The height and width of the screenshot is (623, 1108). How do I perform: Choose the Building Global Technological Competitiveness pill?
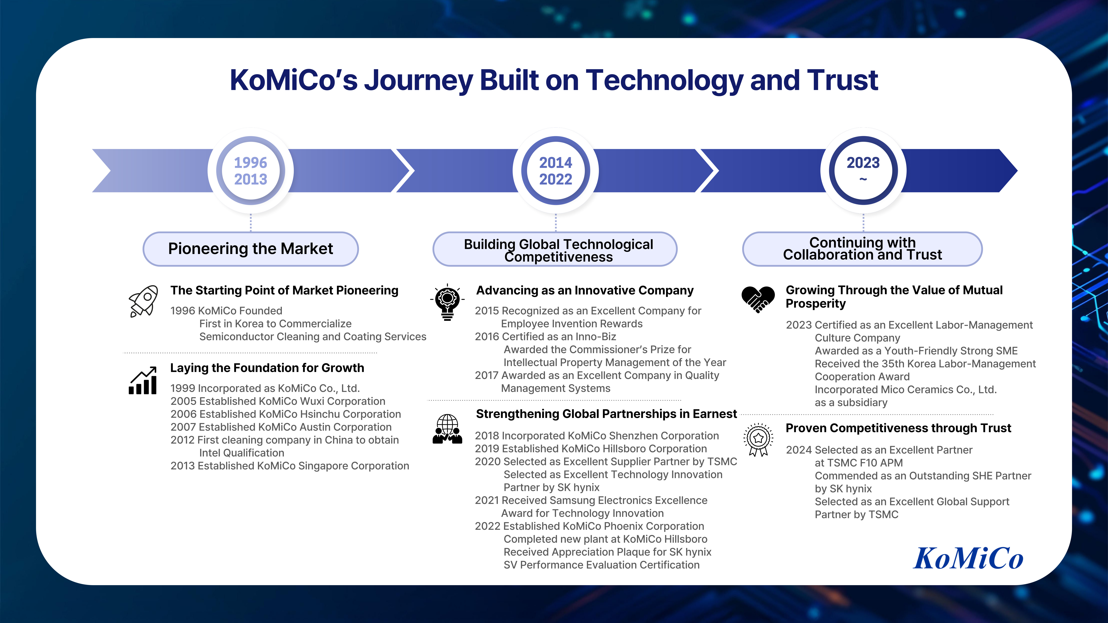pos(555,250)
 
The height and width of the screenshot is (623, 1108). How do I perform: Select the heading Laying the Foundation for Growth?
pos(267,368)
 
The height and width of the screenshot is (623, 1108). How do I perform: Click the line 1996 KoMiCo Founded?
pos(226,311)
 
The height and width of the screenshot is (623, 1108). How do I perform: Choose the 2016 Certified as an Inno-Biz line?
pos(545,337)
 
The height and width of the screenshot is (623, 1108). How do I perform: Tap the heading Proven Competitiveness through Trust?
pos(898,428)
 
